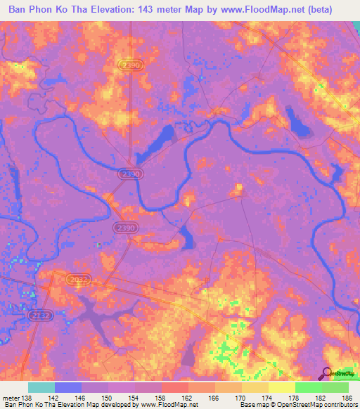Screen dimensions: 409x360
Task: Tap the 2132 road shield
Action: pyautogui.click(x=38, y=316)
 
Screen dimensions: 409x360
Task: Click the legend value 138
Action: pyautogui.click(x=29, y=398)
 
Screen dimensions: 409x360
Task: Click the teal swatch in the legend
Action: pyautogui.click(x=41, y=387)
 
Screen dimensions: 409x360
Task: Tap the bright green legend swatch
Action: pyautogui.click(x=309, y=387)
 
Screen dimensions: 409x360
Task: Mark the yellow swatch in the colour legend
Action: pyautogui.click(x=282, y=387)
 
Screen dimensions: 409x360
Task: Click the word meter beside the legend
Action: pyautogui.click(x=11, y=398)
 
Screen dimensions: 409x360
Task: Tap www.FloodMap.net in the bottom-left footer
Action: pyautogui.click(x=169, y=405)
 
